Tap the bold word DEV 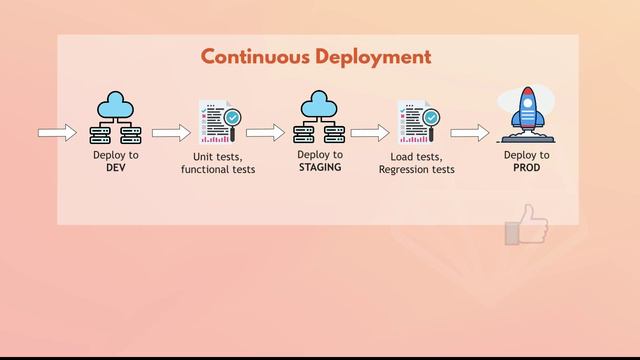click(116, 168)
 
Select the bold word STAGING click(320, 168)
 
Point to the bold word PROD click(526, 168)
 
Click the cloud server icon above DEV click(116, 119)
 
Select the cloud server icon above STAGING click(320, 119)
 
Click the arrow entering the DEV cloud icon click(57, 133)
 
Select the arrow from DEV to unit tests click(171, 133)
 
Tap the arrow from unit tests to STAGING click(265, 133)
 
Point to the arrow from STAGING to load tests click(370, 133)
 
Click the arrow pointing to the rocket click(469, 133)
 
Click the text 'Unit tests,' click(218, 157)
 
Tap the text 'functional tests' click(218, 170)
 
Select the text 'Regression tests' click(417, 170)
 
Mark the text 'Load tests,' click(417, 157)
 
